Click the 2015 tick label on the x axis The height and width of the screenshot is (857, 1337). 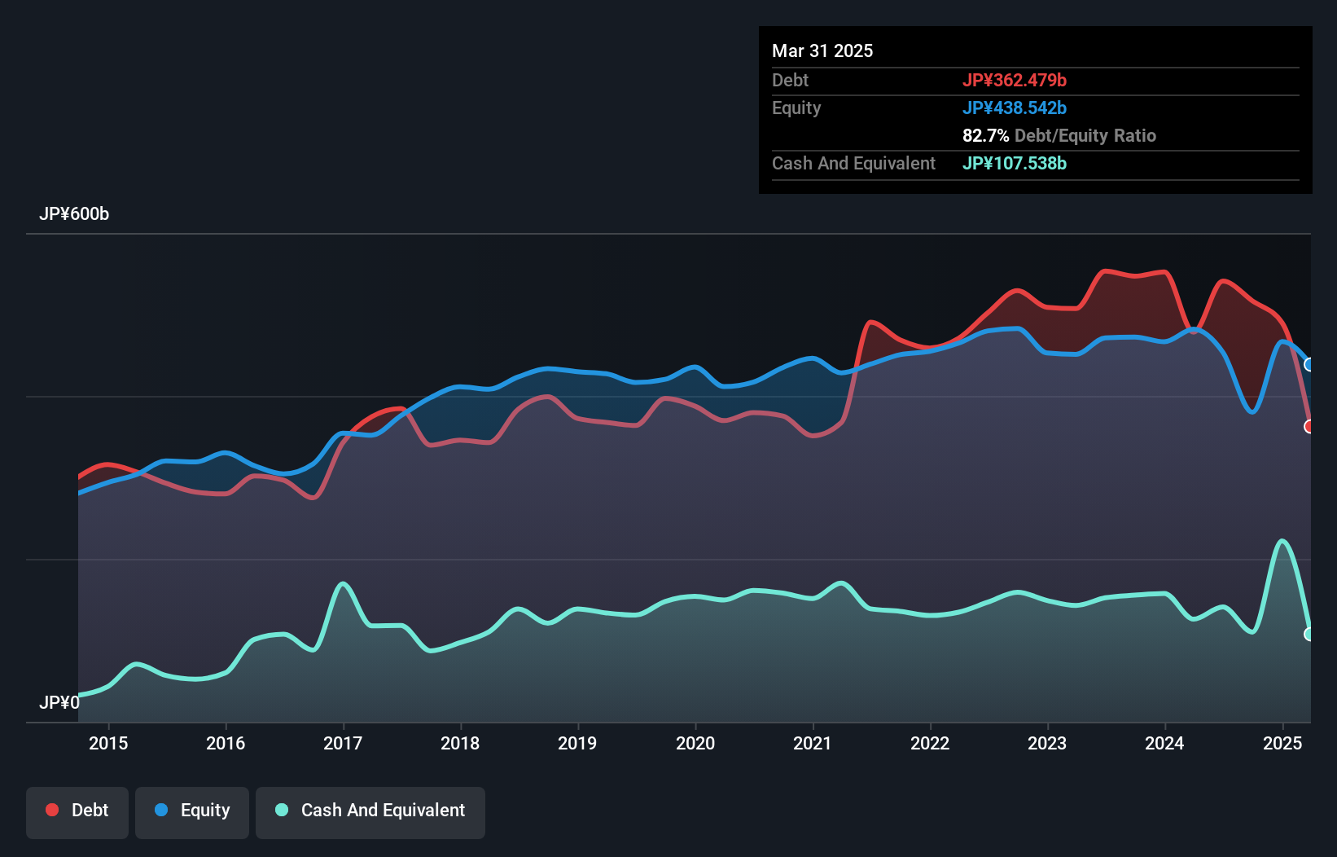point(108,743)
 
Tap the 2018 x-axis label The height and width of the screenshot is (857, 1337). point(460,743)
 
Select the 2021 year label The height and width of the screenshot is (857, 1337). point(813,743)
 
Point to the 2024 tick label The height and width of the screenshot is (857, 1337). point(1164,743)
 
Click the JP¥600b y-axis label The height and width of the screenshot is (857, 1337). point(74,214)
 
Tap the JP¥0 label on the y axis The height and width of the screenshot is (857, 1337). point(59,702)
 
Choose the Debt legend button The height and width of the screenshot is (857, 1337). point(77,811)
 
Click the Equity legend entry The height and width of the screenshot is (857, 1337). point(192,811)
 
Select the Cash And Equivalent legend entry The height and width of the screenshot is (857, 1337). point(370,811)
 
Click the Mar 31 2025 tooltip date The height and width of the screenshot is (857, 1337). point(822,51)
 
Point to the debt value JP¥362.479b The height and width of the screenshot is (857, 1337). point(1015,80)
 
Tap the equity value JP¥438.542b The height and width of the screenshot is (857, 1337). point(1015,108)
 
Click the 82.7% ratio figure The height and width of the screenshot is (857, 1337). point(985,135)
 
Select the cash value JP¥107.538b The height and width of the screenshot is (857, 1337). point(1015,163)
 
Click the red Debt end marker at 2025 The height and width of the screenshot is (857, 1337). point(1309,427)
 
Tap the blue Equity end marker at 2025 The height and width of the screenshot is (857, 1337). point(1309,364)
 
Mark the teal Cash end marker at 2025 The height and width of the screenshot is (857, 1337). point(1309,634)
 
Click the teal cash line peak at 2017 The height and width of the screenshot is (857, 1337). point(343,583)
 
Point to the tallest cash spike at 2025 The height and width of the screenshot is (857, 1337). point(1282,540)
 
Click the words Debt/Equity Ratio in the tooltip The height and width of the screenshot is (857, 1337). point(1085,135)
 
